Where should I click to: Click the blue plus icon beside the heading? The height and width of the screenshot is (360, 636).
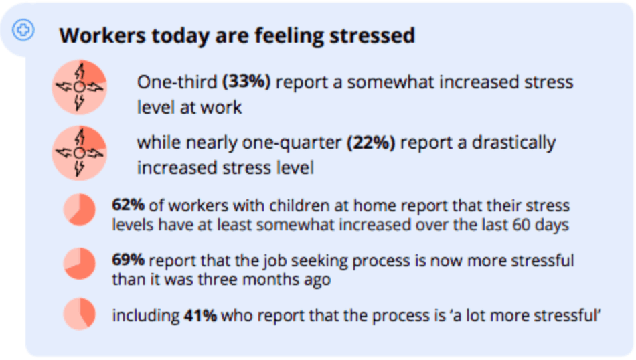24,30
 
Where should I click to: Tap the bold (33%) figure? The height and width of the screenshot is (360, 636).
246,82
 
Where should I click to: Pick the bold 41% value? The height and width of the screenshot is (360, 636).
200,315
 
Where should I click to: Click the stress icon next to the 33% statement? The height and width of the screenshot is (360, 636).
79,87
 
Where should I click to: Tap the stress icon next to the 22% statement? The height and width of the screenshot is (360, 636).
79,153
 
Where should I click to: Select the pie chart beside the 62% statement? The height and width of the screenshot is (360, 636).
80,209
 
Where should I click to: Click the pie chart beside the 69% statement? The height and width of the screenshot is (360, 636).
80,264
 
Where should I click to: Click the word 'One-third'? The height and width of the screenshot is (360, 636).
177,82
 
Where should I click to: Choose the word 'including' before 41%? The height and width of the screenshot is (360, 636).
145,315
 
